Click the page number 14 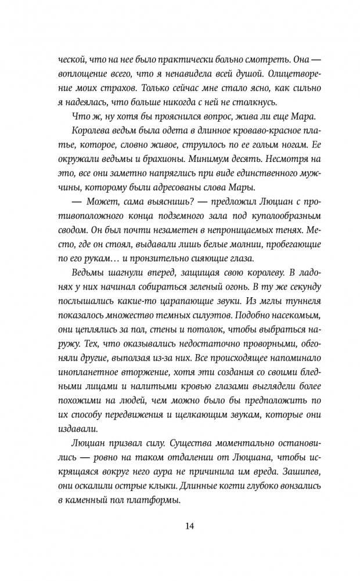coord(189,526)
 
